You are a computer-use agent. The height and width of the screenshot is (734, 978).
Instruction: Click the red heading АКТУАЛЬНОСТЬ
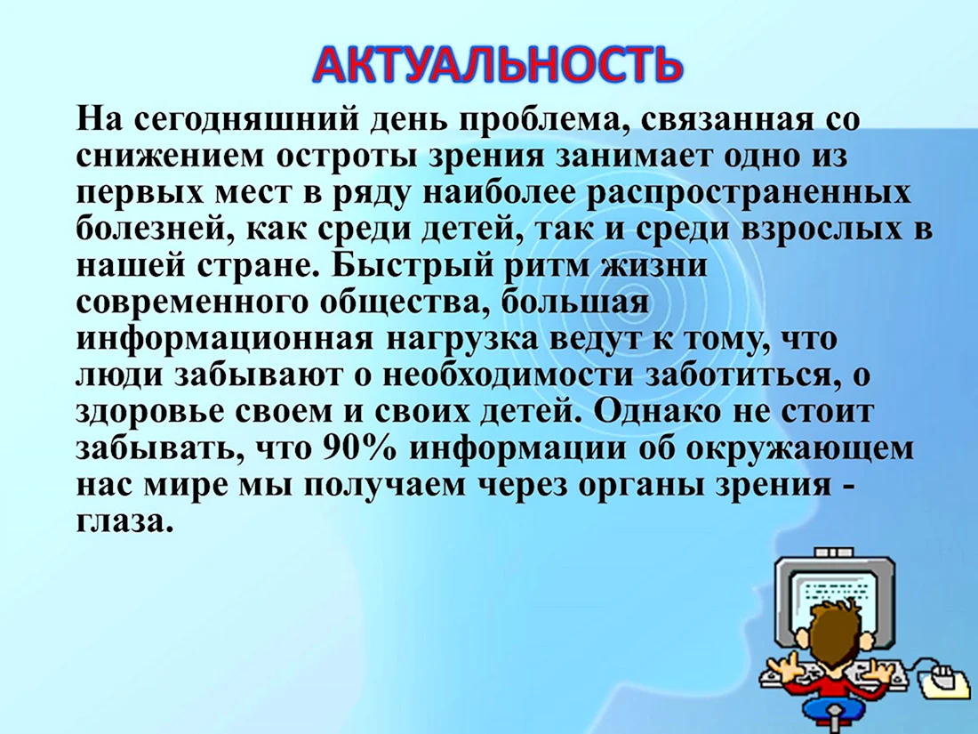click(496, 65)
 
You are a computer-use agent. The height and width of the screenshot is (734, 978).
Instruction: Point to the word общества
click(407, 303)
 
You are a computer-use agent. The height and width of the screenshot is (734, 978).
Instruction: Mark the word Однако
click(661, 412)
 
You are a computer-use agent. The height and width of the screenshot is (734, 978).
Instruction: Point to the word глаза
click(124, 521)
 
